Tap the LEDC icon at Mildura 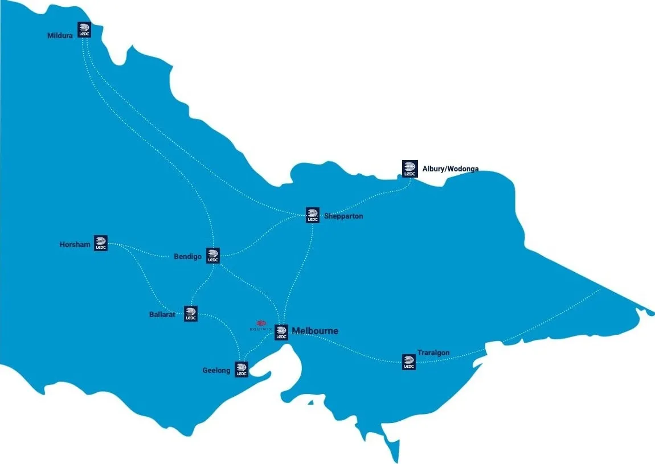coord(84,30)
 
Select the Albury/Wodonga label coord(450,169)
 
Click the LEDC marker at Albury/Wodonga coord(410,169)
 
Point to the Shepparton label coord(343,216)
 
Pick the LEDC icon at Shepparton coord(312,215)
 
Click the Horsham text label coord(75,245)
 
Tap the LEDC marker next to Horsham coord(101,244)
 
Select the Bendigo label coord(187,257)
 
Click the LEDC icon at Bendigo coord(212,256)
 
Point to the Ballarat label coord(162,314)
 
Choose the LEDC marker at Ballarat coord(191,314)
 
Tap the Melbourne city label coord(315,331)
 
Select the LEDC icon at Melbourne coord(281,332)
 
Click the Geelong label coord(216,371)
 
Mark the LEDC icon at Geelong coord(241,369)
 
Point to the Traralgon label coord(433,353)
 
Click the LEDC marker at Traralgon coord(408,362)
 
